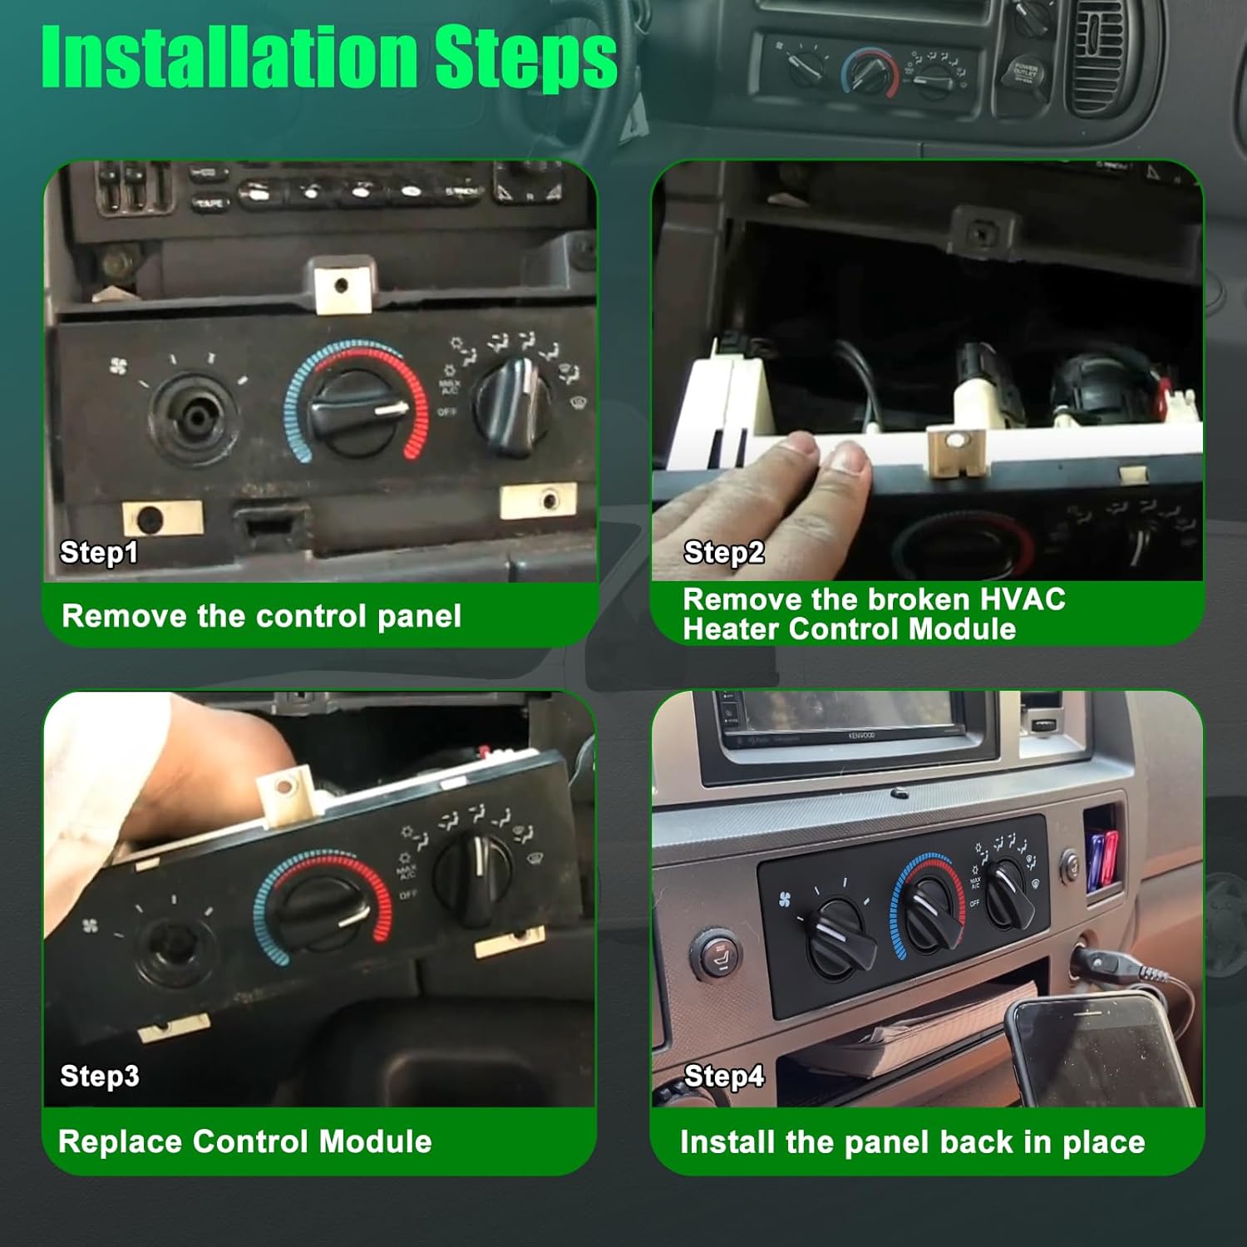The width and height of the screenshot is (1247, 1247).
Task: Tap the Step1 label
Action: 98,552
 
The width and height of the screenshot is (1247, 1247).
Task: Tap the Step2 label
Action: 723,552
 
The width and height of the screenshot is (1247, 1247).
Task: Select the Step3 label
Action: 100,1076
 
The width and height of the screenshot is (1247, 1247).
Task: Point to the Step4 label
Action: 723,1076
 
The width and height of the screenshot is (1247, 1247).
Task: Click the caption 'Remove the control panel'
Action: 261,616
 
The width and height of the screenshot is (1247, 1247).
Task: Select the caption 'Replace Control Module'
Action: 245,1141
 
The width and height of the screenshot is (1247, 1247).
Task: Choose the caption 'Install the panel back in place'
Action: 912,1142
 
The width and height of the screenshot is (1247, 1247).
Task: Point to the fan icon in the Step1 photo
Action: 118,366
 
